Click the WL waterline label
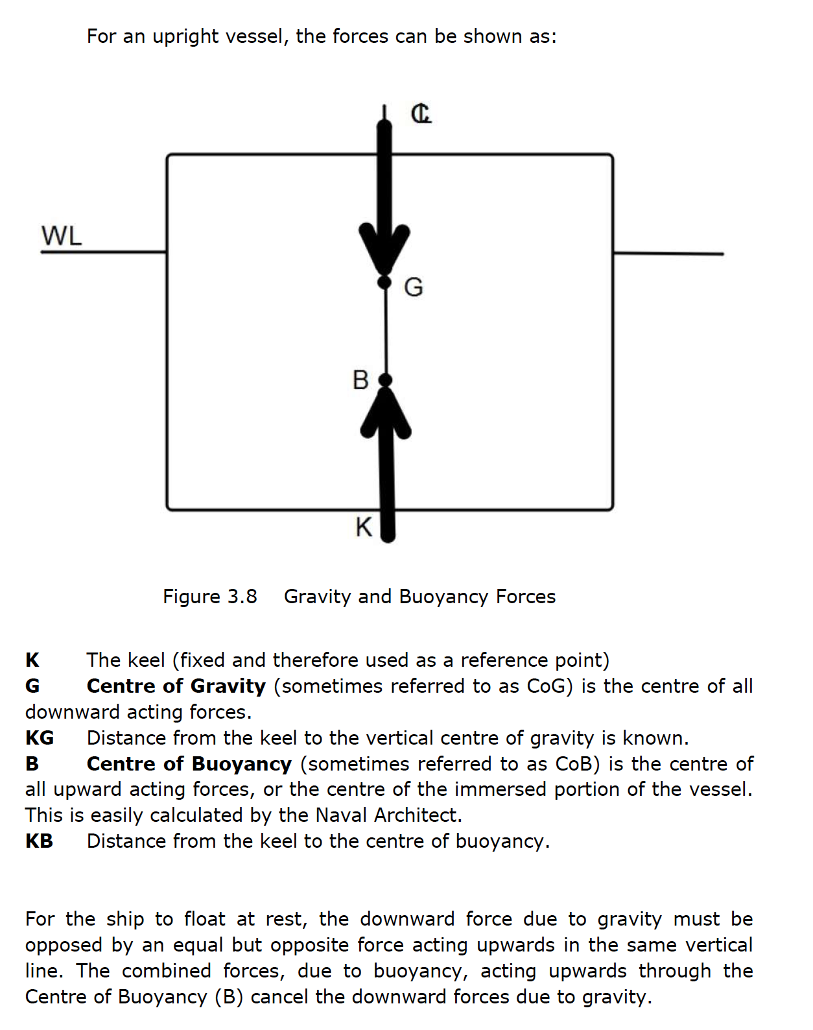[x=62, y=235]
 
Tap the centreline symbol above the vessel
[x=421, y=114]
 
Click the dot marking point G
[x=384, y=282]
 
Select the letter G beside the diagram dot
[x=413, y=287]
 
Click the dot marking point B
[x=385, y=380]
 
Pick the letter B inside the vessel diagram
[x=360, y=379]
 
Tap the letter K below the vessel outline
[x=364, y=527]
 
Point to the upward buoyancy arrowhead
[x=386, y=413]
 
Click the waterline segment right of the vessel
[x=668, y=253]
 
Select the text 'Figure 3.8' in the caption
[x=209, y=596]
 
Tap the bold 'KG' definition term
[x=40, y=737]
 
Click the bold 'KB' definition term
[x=39, y=841]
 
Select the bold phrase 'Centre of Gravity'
[x=176, y=686]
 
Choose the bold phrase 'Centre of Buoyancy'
[x=189, y=763]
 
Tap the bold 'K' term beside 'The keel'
[x=32, y=660]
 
